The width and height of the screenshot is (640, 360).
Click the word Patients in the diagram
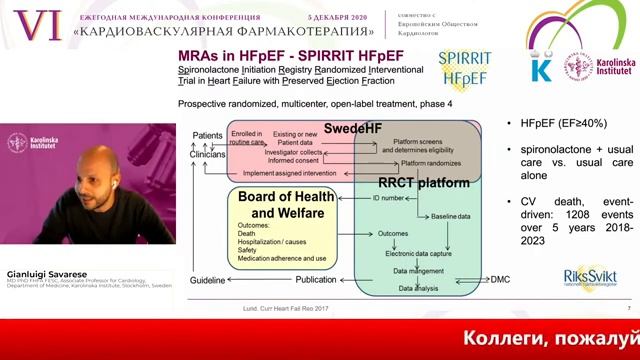[207, 135]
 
